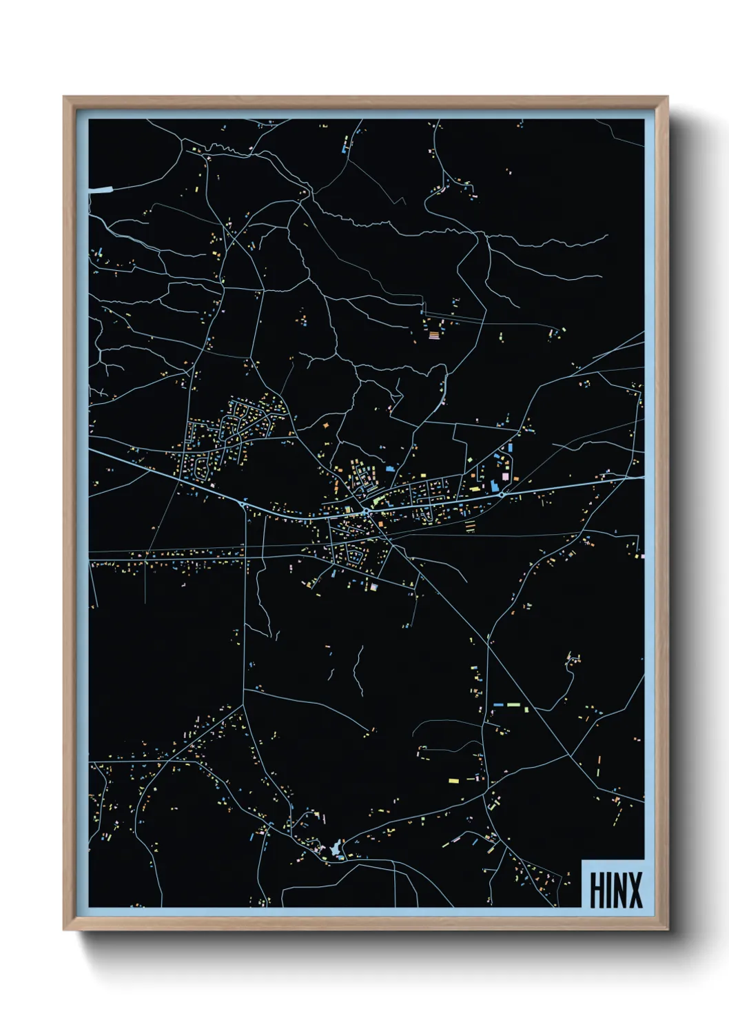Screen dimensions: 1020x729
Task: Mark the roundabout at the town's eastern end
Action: click(x=501, y=494)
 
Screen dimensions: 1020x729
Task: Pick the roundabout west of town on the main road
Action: click(x=243, y=504)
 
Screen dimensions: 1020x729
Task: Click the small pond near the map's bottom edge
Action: click(x=336, y=851)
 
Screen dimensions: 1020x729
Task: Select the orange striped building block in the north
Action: click(x=434, y=336)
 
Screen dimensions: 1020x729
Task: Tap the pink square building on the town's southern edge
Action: click(x=374, y=587)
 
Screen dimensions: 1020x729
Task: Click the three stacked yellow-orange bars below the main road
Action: click(x=470, y=527)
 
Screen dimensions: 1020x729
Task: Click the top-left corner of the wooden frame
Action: click(x=64, y=98)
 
